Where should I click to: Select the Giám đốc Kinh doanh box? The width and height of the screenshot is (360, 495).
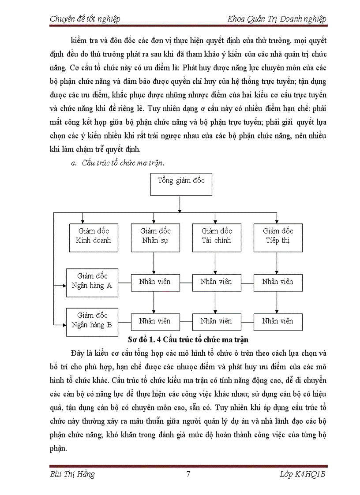point(94,238)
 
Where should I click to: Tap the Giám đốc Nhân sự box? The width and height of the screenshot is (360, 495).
point(155,238)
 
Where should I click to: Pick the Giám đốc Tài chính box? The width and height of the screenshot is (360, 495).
point(217,238)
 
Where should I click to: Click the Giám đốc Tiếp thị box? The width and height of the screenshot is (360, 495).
point(278,238)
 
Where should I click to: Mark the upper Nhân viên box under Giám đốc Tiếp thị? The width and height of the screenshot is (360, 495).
point(278,282)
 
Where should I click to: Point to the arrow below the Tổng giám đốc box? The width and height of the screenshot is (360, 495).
point(180,204)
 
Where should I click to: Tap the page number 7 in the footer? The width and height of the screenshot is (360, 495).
point(188,474)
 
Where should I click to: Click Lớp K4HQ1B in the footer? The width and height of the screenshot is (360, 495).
point(302,474)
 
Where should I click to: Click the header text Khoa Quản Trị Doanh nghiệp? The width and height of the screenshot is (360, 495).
point(277,19)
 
